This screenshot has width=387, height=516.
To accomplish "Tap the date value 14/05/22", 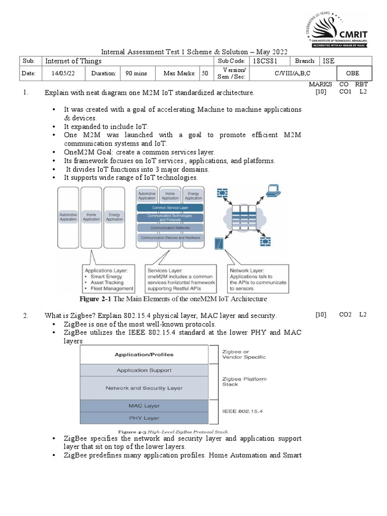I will click(x=63, y=73).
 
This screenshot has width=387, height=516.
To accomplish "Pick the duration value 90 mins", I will click(x=136, y=73).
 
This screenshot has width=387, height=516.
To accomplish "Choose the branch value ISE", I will click(x=329, y=61).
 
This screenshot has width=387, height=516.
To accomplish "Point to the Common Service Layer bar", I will click(x=170, y=207).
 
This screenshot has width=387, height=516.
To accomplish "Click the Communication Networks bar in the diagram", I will click(x=170, y=228).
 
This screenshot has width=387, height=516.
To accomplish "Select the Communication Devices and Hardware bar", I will click(x=170, y=237).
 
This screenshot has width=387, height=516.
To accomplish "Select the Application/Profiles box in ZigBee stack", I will click(x=144, y=354).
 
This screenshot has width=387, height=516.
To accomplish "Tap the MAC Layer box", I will click(x=144, y=406).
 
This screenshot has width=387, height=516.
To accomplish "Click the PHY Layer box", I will click(x=144, y=418).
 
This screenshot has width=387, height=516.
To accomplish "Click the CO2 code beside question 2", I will click(x=345, y=315).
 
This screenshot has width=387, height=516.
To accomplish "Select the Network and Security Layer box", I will click(x=144, y=388).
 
